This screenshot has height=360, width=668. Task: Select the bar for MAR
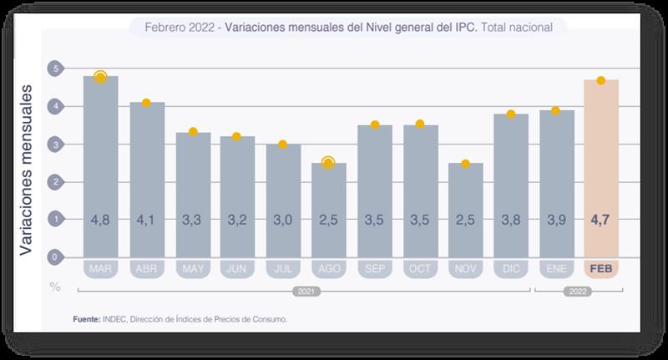pyautogui.click(x=100, y=167)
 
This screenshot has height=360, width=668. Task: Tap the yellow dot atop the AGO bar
pyautogui.click(x=328, y=163)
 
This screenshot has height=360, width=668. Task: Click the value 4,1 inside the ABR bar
pyautogui.click(x=146, y=221)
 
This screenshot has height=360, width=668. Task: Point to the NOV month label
pyautogui.click(x=465, y=269)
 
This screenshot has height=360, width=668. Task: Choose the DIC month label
pyautogui.click(x=510, y=269)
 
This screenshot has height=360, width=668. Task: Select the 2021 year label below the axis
pyautogui.click(x=305, y=292)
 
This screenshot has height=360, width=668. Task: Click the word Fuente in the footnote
pyautogui.click(x=86, y=319)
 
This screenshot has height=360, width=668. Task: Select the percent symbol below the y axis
pyautogui.click(x=55, y=286)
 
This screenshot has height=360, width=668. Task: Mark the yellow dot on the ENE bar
pyautogui.click(x=556, y=110)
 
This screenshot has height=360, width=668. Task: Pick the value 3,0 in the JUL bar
pyautogui.click(x=283, y=221)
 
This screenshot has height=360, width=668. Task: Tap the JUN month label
pyautogui.click(x=237, y=269)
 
